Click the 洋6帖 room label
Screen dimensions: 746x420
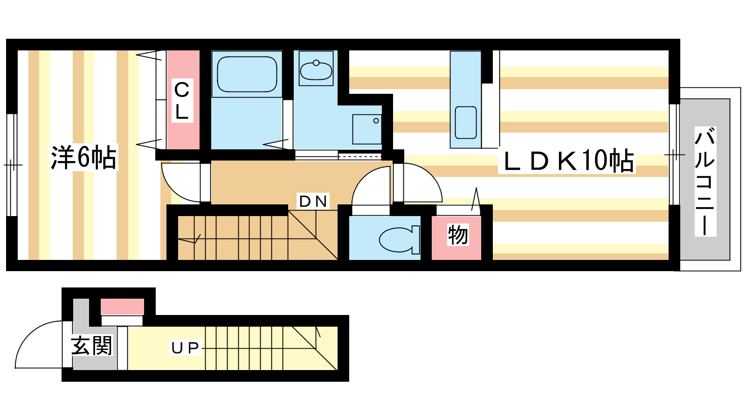click(x=83, y=157)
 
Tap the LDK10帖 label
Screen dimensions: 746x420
click(x=567, y=161)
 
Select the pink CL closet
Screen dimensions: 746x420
click(x=183, y=100)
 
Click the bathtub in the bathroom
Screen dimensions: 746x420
click(x=247, y=74)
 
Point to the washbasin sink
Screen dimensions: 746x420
click(x=316, y=70)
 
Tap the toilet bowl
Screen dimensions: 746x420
click(x=399, y=239)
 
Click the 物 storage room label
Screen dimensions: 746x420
click(x=457, y=235)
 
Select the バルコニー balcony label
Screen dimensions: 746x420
click(x=705, y=181)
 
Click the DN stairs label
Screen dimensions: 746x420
click(x=313, y=201)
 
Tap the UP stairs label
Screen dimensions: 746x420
click(x=185, y=348)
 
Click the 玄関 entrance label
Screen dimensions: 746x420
click(x=91, y=345)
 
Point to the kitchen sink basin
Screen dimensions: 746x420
click(x=466, y=122)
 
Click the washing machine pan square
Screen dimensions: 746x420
click(x=367, y=129)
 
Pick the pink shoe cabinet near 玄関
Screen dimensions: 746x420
click(x=122, y=307)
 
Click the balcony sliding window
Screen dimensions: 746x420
click(x=674, y=154)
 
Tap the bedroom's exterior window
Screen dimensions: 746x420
click(x=12, y=165)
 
